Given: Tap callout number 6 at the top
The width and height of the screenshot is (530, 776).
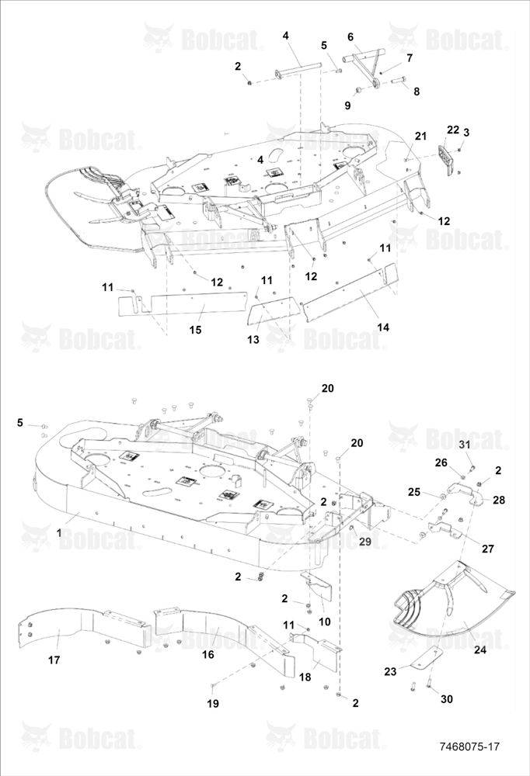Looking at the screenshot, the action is [350, 37].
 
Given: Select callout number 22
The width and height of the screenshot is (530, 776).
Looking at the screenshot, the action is [453, 130].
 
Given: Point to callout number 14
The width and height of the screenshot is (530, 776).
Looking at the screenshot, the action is [383, 327].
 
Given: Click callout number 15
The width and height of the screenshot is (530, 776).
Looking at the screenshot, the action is [196, 330].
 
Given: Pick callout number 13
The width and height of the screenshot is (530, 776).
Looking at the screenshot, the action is [253, 340].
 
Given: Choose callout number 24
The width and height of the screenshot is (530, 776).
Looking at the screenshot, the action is [480, 650].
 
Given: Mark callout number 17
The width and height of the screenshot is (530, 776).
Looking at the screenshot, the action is [54, 660].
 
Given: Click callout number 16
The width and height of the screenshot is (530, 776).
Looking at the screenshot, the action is [208, 654].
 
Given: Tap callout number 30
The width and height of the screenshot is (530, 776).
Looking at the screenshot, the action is [447, 699].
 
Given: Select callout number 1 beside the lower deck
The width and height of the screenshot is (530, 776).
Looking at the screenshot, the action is [60, 533].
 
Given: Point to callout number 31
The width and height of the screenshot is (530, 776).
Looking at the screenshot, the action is [464, 445].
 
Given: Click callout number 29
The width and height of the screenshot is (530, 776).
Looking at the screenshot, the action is [365, 542].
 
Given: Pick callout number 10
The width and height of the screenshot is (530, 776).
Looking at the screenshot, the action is [325, 622].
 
